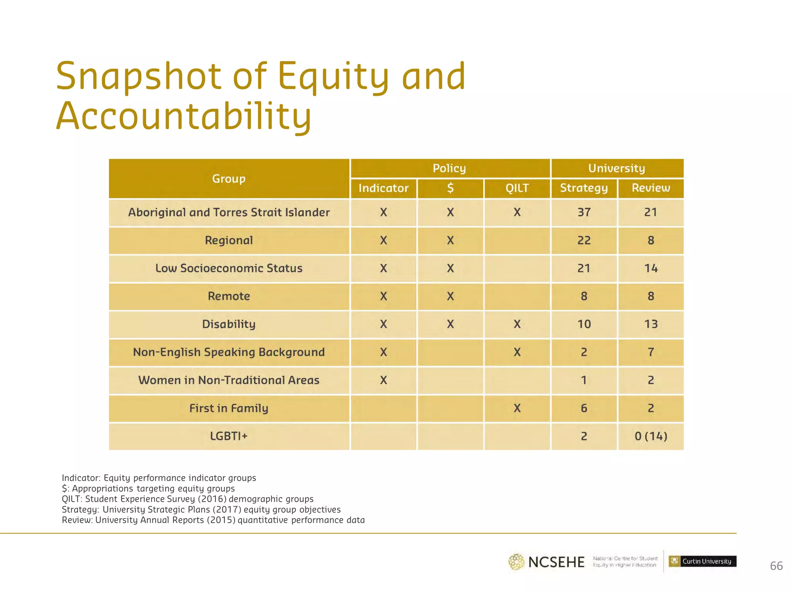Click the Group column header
229,179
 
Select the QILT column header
517,188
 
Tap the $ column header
450,188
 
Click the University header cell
617,168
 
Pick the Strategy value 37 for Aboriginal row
584,212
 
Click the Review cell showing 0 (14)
651,436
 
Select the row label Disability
229,324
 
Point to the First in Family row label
229,408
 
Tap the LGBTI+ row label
229,436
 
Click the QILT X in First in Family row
517,408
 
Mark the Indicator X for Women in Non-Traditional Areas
383,380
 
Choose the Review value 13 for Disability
651,324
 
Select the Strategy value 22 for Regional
584,241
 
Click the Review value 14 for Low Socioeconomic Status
651,268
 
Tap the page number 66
776,566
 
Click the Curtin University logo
703,561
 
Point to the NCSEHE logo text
556,562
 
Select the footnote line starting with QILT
188,499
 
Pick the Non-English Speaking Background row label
229,352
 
